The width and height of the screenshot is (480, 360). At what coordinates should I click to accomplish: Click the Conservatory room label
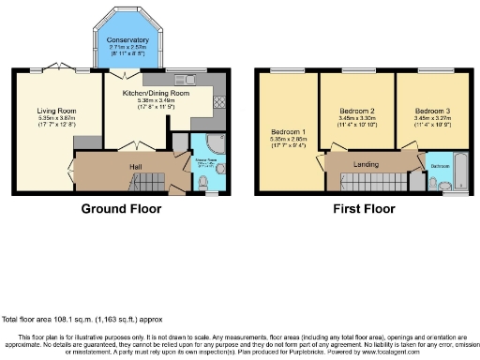coord(127,40)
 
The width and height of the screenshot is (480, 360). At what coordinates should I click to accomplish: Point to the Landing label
coord(366,164)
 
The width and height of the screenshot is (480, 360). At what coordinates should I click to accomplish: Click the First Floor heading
coord(361,208)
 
